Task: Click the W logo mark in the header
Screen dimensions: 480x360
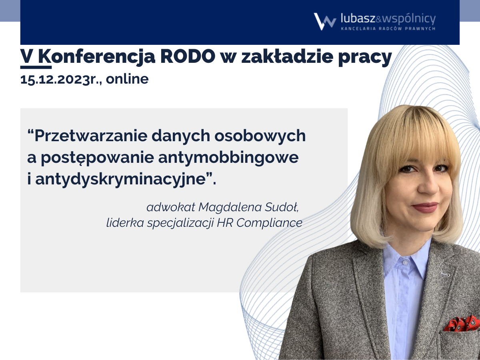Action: click(x=325, y=22)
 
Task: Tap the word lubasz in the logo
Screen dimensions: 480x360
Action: click(x=358, y=18)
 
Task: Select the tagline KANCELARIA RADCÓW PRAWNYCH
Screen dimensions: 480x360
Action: click(x=388, y=29)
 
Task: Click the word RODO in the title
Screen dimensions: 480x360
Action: click(x=188, y=56)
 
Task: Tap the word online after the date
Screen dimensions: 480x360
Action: click(x=127, y=79)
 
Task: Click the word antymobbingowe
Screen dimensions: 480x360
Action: click(x=228, y=158)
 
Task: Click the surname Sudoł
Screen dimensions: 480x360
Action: click(x=282, y=207)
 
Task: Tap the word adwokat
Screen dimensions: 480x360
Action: click(x=171, y=207)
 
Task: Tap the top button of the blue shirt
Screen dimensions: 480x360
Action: click(x=405, y=262)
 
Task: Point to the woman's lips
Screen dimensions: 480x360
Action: click(x=425, y=207)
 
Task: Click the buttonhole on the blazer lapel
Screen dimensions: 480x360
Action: click(x=445, y=274)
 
